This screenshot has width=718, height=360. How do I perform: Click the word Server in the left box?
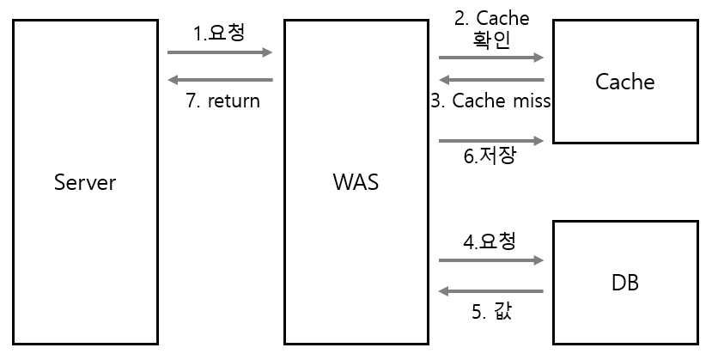coord(84,182)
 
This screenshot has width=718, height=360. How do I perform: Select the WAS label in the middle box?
coord(356,182)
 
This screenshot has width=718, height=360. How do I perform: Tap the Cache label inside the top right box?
coord(624,82)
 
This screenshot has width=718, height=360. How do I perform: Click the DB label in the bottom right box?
coord(624,283)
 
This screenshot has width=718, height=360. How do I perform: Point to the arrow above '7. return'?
coord(220,80)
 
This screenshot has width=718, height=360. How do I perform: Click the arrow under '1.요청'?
coord(220,52)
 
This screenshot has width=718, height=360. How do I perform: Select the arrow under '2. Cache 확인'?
coord(491,58)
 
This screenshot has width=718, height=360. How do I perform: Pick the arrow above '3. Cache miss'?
coord(491,81)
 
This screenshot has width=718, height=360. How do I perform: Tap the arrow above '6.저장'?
coord(491,140)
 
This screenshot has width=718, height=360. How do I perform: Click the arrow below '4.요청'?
coord(491,259)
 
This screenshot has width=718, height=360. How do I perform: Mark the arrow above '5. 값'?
coord(491,291)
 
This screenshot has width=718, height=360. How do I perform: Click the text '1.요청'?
coord(220,33)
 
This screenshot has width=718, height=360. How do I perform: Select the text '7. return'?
coord(222,101)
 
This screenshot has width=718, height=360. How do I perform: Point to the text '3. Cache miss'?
coord(490,101)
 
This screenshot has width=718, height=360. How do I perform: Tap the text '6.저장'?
coord(490,157)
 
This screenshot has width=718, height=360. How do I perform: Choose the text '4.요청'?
coord(490,241)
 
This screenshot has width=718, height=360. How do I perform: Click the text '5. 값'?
coord(491,311)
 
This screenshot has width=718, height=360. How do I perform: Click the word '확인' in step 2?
coord(491,40)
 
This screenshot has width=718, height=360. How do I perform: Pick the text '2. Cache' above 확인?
coord(491,18)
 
